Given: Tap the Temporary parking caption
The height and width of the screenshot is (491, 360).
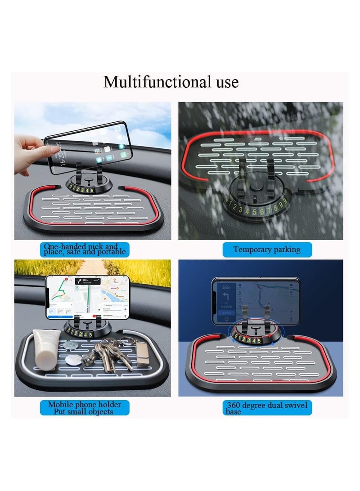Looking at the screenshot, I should click(267, 250).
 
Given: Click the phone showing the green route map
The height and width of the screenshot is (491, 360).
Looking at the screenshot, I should click(88, 297).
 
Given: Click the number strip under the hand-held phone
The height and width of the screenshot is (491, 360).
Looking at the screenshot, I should click(81, 190).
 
